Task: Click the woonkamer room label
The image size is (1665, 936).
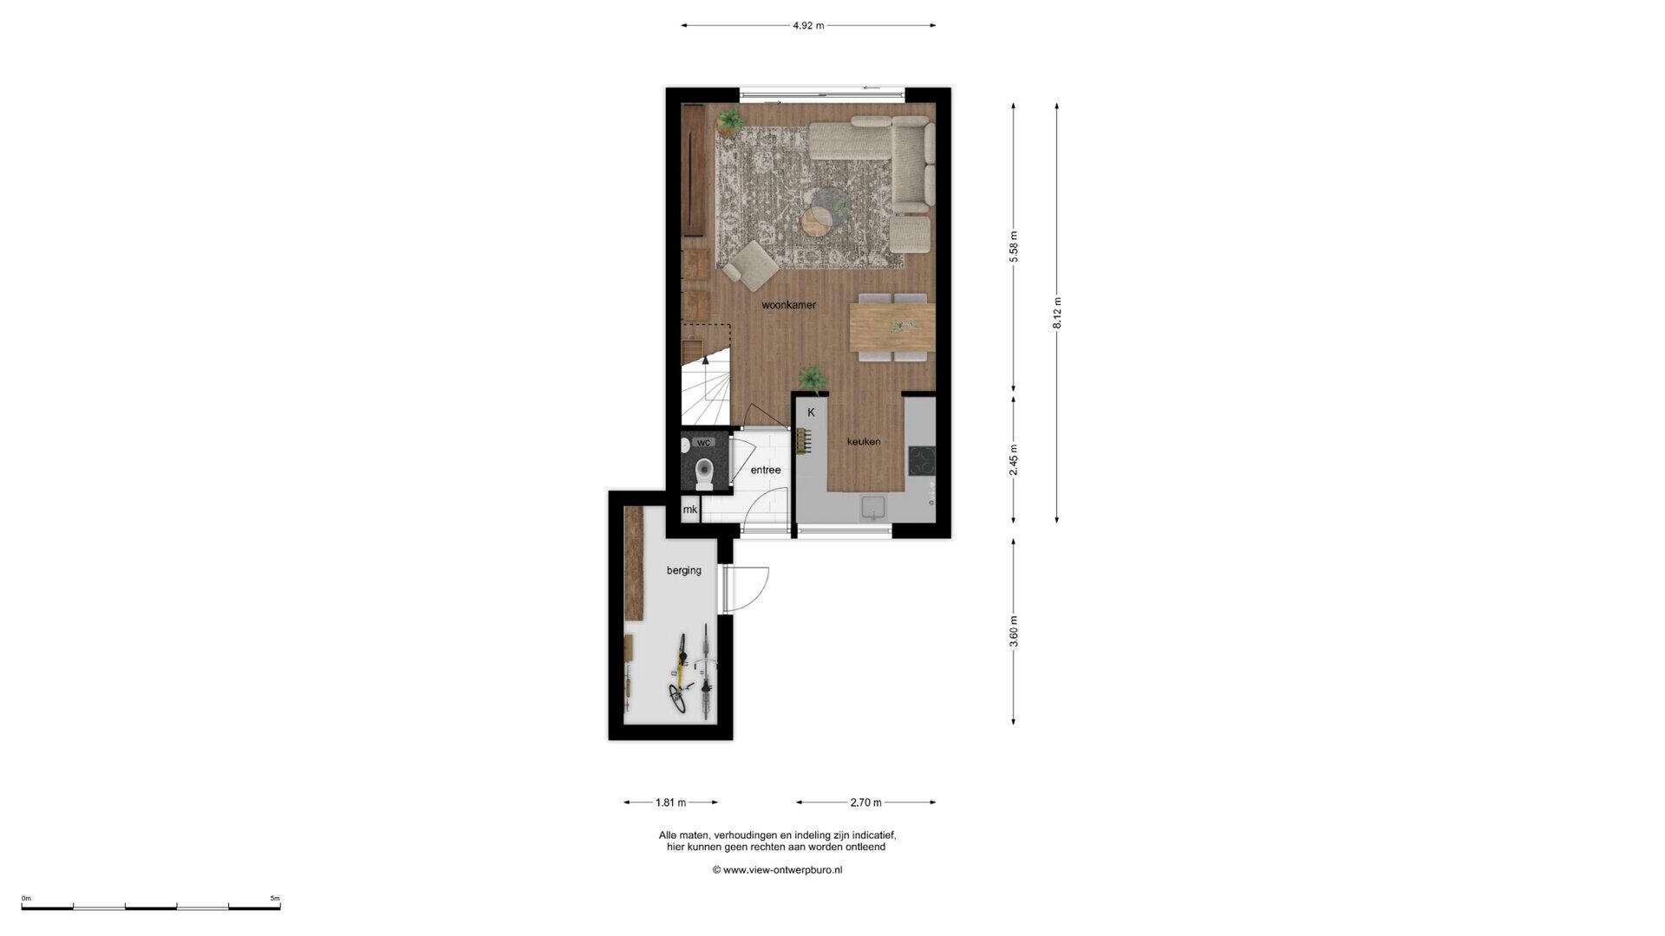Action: [788, 305]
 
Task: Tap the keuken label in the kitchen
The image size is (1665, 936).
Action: [864, 441]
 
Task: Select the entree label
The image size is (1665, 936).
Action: [766, 470]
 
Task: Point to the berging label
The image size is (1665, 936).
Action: [684, 571]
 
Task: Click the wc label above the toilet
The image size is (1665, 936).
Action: [703, 443]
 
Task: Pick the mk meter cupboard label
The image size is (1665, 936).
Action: [690, 510]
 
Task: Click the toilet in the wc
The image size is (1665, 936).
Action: [704, 474]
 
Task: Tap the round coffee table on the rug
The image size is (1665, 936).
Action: [819, 217]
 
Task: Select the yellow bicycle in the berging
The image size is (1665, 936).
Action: [678, 673]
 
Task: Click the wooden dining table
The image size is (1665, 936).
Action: [892, 328]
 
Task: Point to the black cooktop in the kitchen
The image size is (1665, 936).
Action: [921, 460]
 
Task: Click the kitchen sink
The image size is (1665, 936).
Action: [873, 508]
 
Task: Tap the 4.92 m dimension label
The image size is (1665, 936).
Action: [808, 26]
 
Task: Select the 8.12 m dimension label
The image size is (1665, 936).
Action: [1057, 313]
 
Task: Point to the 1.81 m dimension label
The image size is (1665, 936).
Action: [670, 803]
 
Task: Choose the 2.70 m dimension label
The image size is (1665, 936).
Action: [865, 803]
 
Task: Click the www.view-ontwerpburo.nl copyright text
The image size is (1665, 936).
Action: [777, 870]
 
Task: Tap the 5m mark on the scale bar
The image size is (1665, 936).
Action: [275, 899]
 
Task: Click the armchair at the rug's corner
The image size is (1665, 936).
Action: [751, 265]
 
